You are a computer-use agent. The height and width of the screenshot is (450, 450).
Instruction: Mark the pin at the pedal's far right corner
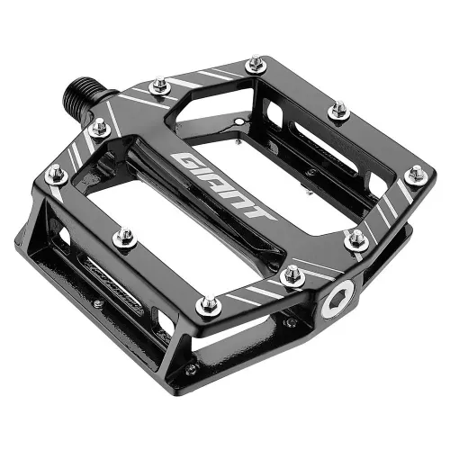point(416,174)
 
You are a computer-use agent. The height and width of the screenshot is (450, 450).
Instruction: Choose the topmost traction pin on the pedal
point(256,64)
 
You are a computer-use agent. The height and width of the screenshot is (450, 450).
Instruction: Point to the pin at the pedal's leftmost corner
point(56,174)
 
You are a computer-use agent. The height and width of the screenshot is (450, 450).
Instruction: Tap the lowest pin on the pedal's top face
point(209,306)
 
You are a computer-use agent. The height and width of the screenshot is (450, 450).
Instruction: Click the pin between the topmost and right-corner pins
point(338,111)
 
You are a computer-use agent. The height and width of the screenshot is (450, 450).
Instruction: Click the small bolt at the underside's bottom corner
point(192,369)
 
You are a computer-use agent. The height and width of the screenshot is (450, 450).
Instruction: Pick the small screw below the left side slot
point(97,302)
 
